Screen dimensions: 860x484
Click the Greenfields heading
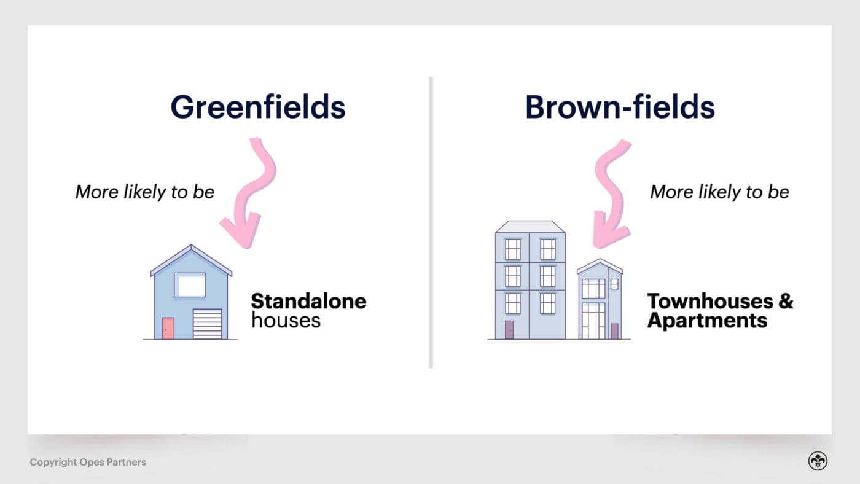point(258,106)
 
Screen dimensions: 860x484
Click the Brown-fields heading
point(620,106)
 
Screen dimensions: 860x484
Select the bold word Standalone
point(308,302)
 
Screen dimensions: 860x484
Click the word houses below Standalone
point(286,321)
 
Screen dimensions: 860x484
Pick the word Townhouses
point(710,302)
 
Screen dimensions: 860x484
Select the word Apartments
point(707,321)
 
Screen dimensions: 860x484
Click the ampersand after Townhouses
point(786,302)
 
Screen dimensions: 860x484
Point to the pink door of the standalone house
point(168,328)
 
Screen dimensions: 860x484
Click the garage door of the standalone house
point(208,324)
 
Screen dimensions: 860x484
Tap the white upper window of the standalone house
point(190,285)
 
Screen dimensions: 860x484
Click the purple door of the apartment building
point(509,330)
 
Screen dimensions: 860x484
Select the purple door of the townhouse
point(614,331)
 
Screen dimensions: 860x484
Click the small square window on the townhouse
point(614,284)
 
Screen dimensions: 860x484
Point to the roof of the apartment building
point(530,227)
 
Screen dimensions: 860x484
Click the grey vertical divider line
point(431,222)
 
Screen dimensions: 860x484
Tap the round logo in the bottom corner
point(818,461)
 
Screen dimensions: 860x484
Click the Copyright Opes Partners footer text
point(88,462)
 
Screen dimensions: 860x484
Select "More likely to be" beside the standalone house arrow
point(145,192)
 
